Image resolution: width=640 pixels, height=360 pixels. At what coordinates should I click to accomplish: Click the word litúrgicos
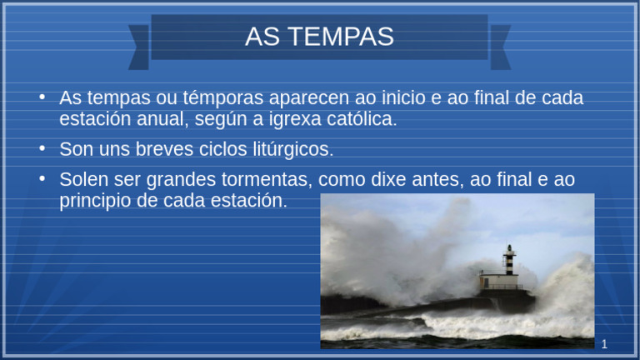coord(287,150)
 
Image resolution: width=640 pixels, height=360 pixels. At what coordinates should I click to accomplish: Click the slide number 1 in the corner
coord(604,344)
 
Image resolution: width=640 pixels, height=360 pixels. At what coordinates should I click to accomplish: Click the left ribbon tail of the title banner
coord(139,45)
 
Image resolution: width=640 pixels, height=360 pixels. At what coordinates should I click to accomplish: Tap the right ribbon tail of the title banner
coord(500,45)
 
